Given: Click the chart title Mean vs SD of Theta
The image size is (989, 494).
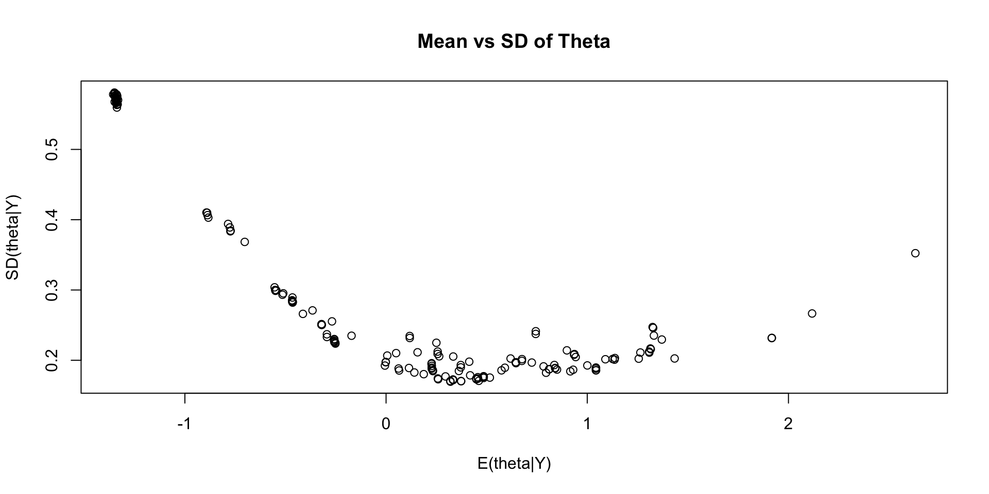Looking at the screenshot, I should point(514,42).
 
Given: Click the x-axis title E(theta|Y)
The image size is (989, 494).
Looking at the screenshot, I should point(514,464).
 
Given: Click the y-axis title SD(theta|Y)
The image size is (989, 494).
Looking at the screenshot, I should point(12,237).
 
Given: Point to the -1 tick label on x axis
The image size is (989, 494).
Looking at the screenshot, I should point(184,424).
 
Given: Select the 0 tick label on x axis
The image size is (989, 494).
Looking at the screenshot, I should point(386,424).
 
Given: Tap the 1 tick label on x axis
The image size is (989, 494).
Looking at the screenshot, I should point(587,424).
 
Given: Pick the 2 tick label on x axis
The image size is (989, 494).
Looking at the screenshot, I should point(788,424).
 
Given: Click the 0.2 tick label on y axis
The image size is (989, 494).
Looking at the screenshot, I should point(52,360).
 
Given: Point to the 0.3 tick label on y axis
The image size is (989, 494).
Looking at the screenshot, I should point(52,290).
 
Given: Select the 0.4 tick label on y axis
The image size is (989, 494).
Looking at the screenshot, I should point(52,220).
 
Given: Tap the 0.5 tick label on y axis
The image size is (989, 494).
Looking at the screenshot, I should point(52,150).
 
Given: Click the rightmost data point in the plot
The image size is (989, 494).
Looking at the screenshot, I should point(915,253).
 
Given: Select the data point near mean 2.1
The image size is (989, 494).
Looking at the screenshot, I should point(812,313).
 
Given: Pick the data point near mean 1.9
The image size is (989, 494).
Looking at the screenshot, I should point(771,338).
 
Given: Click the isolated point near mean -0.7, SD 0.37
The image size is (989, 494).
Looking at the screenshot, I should point(245,242).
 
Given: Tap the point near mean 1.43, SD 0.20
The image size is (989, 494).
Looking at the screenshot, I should point(674,358).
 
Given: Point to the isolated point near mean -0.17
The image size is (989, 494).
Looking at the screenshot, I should point(351,336).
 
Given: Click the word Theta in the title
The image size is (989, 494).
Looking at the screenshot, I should point(585,42).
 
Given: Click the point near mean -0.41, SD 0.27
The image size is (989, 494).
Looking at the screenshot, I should point(303,314).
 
